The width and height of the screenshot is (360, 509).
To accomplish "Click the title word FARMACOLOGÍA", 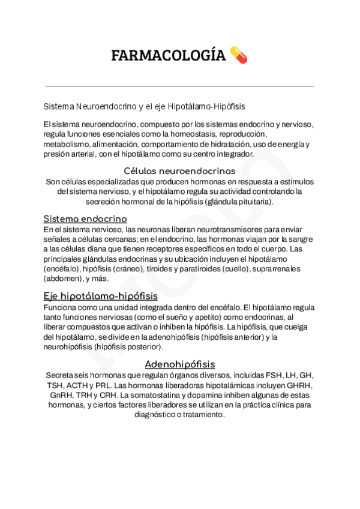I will tap(168, 56).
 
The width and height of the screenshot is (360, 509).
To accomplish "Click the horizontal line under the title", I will tap(179, 86).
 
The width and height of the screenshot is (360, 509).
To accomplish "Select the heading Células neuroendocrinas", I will tap(179, 171).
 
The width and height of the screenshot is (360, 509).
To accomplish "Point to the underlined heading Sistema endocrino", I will tap(85, 219).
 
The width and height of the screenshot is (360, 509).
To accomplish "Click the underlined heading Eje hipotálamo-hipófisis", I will tap(100, 297).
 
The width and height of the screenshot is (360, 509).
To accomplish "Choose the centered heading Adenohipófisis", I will tap(179, 364).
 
